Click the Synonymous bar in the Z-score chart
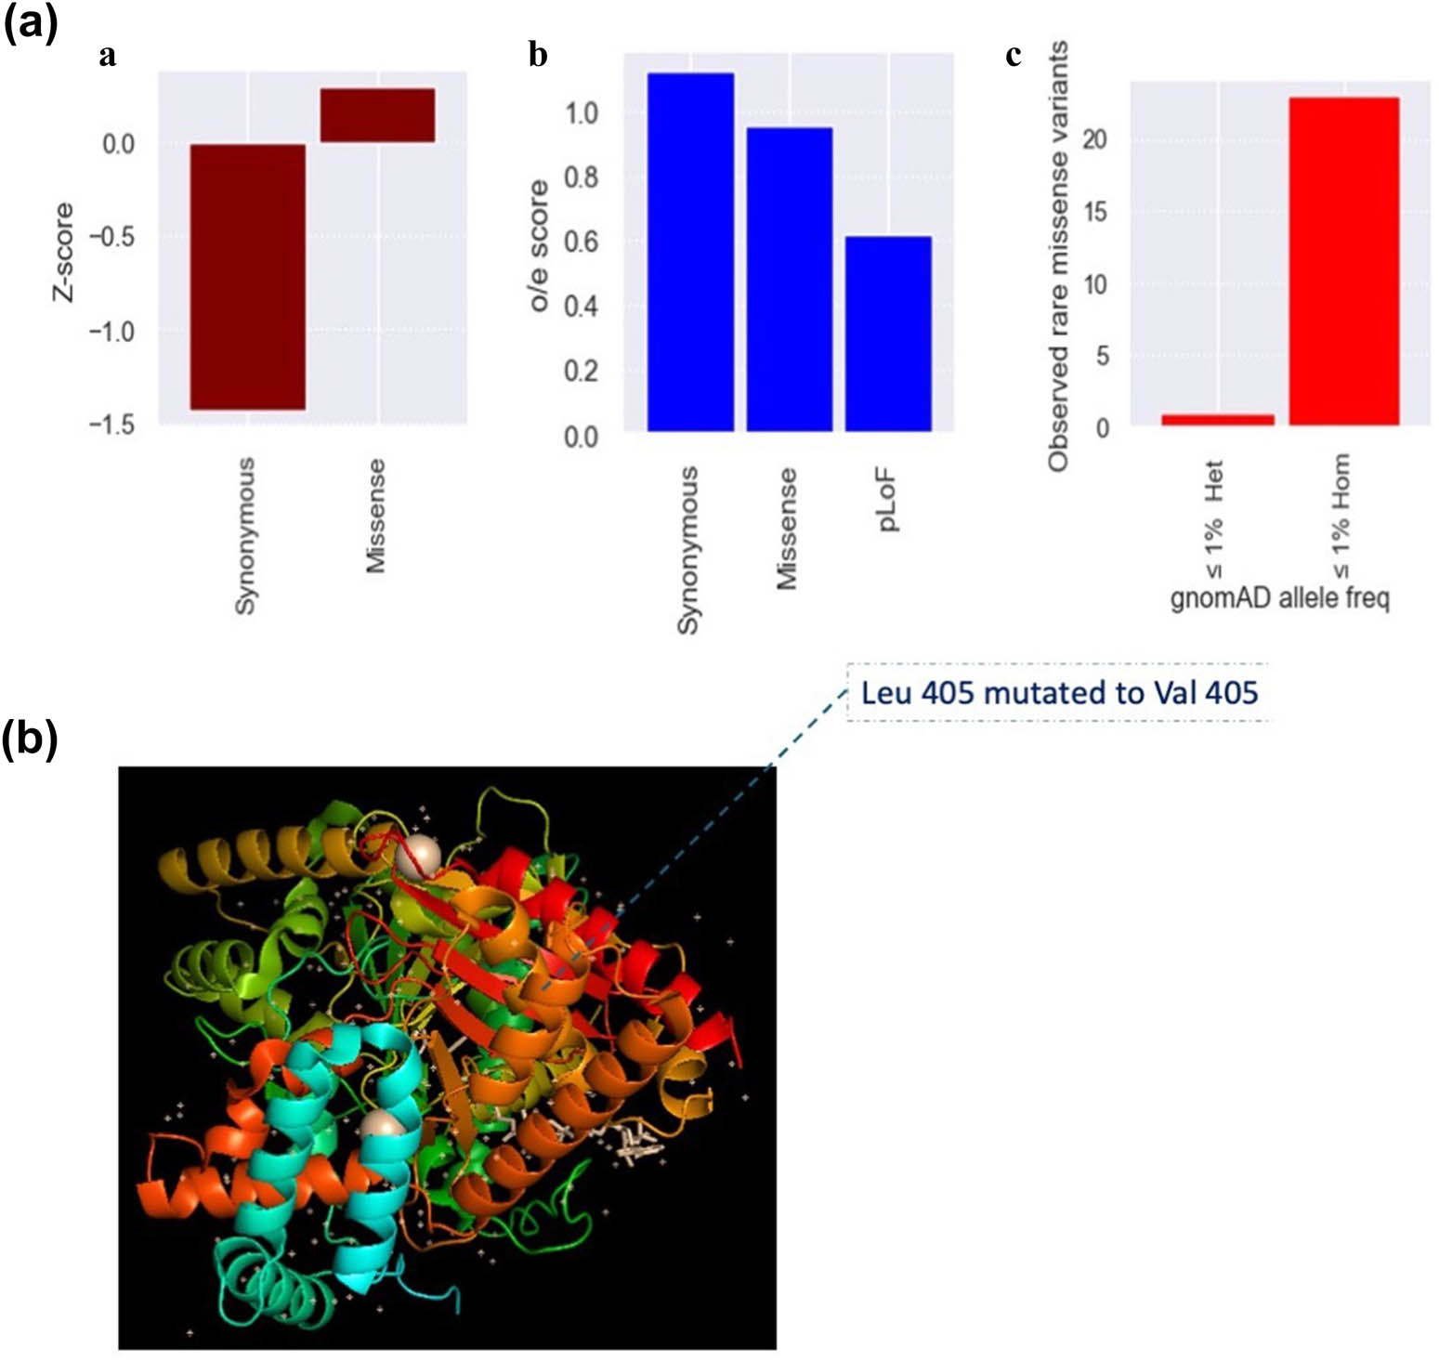click(x=247, y=276)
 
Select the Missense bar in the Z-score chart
click(x=377, y=115)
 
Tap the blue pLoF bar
click(x=888, y=334)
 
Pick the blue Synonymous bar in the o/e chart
click(x=690, y=252)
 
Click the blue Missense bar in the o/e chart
click(x=789, y=279)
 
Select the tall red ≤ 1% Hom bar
click(x=1343, y=261)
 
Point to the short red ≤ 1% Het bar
click(x=1217, y=420)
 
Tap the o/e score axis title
click(x=539, y=246)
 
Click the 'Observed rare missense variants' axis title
click(x=1057, y=256)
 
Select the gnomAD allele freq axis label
click(x=1279, y=597)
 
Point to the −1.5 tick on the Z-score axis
click(x=111, y=425)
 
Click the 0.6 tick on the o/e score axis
click(x=581, y=242)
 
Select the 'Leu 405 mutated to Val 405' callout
click(x=1059, y=693)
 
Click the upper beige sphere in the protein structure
click(x=416, y=855)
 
